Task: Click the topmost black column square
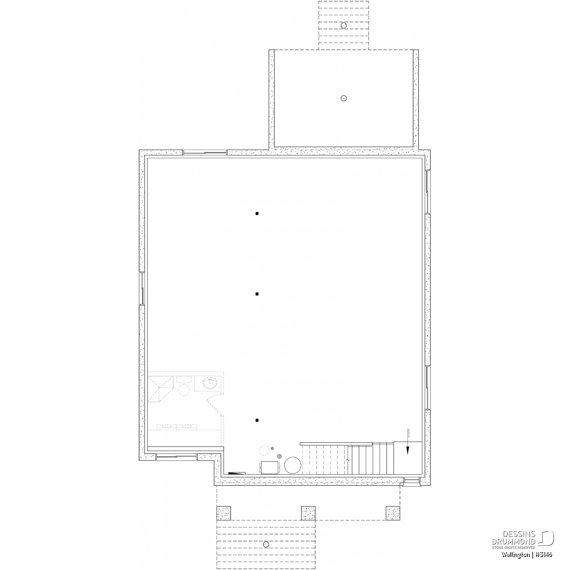257,214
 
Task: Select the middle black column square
257,294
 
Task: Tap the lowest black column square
257,420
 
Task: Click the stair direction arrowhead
408,450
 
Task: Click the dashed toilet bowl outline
184,389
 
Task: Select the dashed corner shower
161,389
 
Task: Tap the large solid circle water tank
293,465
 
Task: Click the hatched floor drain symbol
279,456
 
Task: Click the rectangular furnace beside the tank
271,467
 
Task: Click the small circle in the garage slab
344,98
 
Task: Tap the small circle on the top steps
344,25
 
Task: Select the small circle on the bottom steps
266,545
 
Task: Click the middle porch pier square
309,513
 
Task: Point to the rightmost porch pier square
393,513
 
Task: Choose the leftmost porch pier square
224,513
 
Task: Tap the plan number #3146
544,555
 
